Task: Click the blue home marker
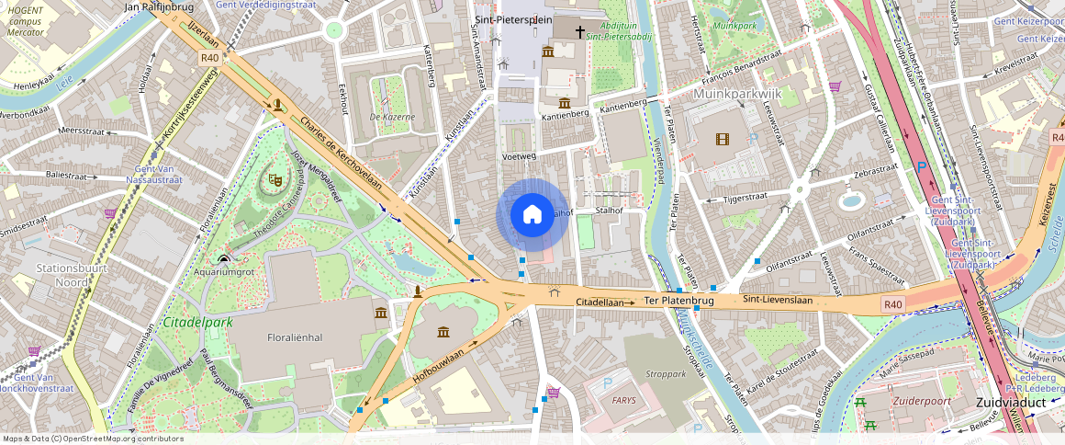point(532,215)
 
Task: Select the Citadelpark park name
point(196,323)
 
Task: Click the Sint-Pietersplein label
point(513,17)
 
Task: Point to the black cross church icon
point(579,32)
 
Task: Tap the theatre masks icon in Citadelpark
point(274,180)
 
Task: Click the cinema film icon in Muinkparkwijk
point(722,139)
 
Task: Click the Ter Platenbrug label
point(678,301)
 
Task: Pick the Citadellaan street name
point(600,302)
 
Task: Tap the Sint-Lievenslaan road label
point(779,300)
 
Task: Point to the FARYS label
point(624,401)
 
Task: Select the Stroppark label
point(667,375)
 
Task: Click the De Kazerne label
point(392,117)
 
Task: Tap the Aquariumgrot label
point(223,272)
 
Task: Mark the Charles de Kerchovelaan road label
point(340,153)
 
